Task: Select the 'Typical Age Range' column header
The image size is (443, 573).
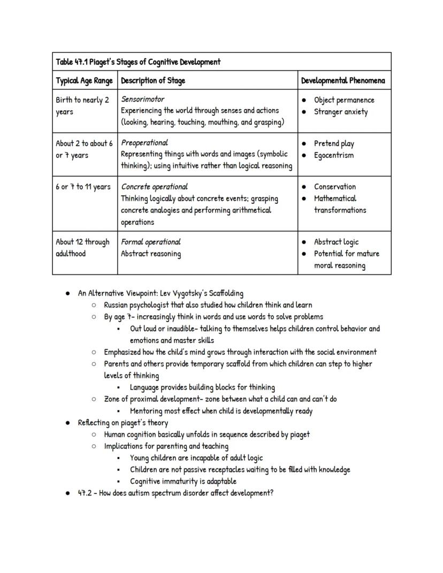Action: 85,81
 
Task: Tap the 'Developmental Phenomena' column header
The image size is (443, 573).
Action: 343,81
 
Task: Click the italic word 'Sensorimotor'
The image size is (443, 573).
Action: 143,100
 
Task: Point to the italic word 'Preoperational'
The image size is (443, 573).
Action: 144,143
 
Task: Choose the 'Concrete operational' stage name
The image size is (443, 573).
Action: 154,187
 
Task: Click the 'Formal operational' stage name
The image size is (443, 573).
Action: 151,242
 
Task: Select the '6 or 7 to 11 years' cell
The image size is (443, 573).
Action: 83,187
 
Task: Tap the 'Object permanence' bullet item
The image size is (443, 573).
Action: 344,100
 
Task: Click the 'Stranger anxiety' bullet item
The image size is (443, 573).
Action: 341,112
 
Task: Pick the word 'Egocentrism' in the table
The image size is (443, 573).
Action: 333,155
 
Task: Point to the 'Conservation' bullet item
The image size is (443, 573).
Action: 334,187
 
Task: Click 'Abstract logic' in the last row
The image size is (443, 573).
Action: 336,242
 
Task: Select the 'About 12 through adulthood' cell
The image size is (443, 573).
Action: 82,248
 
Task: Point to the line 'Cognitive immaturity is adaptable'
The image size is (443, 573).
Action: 183,481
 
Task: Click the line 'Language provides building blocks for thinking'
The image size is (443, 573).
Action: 202,387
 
